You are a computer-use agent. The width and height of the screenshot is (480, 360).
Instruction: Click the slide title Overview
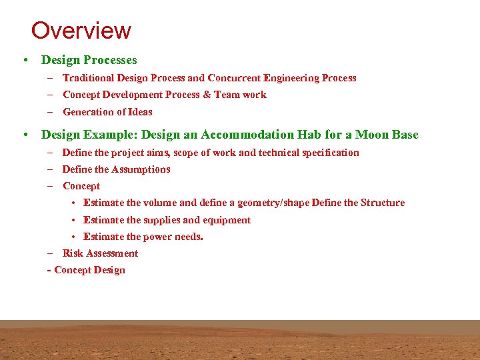(81, 31)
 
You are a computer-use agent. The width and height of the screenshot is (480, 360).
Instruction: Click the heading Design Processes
(89, 60)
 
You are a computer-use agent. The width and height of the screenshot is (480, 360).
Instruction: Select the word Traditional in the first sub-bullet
(90, 78)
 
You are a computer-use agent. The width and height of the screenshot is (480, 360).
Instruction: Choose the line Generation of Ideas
(107, 112)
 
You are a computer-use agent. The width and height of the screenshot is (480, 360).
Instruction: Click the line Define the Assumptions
(116, 169)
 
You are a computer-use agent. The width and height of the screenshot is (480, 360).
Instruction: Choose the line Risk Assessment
(100, 253)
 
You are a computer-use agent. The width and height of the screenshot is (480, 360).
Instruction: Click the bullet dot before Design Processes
(24, 61)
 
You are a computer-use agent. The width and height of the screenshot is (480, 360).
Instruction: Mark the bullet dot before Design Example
(24, 135)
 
